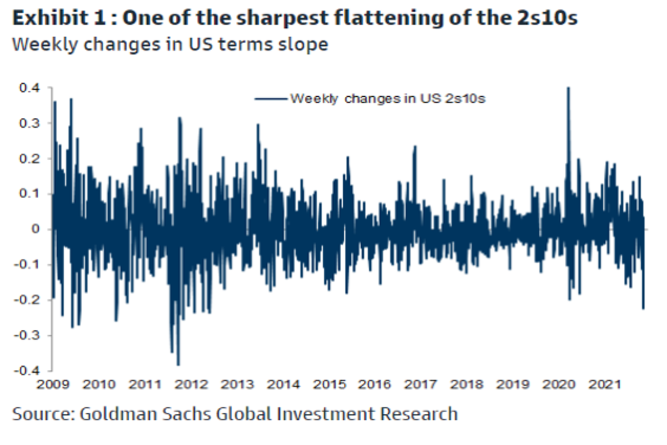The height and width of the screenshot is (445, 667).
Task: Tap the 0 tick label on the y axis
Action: coord(37,229)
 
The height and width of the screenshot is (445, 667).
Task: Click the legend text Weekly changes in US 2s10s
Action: coord(388,99)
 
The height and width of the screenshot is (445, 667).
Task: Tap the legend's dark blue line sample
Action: coord(271,99)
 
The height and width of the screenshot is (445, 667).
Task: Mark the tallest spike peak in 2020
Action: coord(568,88)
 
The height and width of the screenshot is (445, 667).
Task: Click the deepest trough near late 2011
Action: coord(178,364)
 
